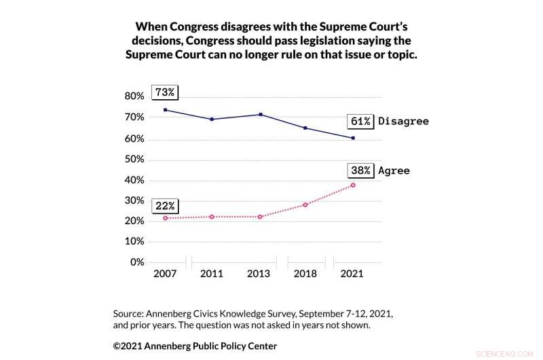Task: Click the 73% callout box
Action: pyautogui.click(x=165, y=92)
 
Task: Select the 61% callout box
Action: pyautogui.click(x=360, y=121)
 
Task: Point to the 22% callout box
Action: pyautogui.click(x=165, y=205)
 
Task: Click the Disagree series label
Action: pyautogui.click(x=403, y=121)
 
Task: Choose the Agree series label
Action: pyautogui.click(x=394, y=170)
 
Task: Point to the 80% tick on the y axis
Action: pyautogui.click(x=134, y=96)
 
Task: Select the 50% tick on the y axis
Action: pyautogui.click(x=134, y=160)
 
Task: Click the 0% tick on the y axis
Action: pyautogui.click(x=137, y=262)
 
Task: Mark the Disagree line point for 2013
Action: pyautogui.click(x=259, y=114)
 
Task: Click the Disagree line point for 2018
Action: pyautogui.click(x=305, y=128)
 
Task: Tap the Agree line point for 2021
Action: pyautogui.click(x=353, y=185)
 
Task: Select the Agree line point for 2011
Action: pyautogui.click(x=212, y=217)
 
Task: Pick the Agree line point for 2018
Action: pyautogui.click(x=305, y=204)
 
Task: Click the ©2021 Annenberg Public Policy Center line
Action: pyautogui.click(x=195, y=346)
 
